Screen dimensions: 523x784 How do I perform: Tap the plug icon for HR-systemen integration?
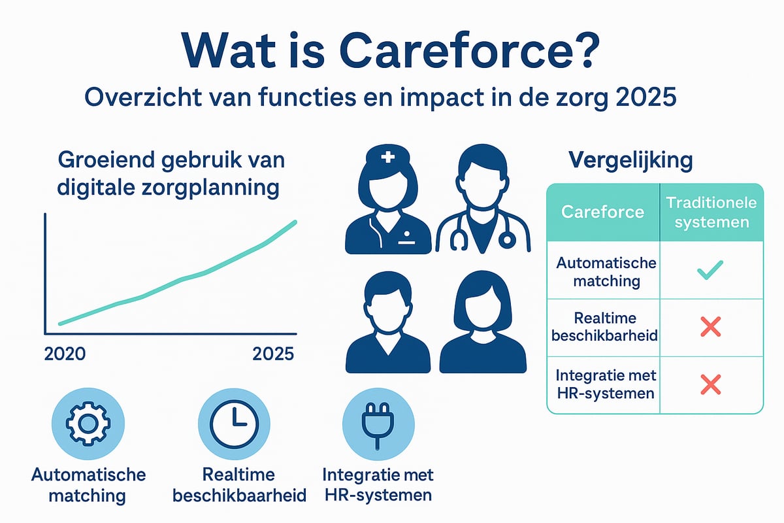click(x=376, y=423)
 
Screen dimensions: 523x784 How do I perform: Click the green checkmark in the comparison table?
click(x=711, y=271)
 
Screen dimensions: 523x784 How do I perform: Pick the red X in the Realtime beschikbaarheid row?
click(x=711, y=326)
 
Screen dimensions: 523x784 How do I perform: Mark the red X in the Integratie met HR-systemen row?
click(x=711, y=384)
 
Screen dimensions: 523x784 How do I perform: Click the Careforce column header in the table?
click(x=602, y=212)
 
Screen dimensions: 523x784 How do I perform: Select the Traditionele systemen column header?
click(x=711, y=212)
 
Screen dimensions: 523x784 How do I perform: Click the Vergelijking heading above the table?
click(x=629, y=160)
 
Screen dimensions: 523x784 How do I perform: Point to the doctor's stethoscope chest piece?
click(x=506, y=241)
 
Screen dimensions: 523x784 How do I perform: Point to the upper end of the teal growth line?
click(x=295, y=222)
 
